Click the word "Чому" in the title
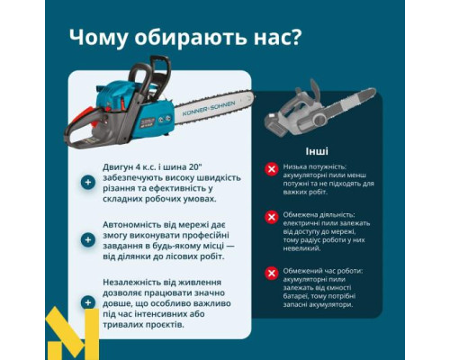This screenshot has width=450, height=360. pyautogui.click(x=101, y=38)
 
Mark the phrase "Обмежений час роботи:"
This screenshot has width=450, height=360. pyautogui.click(x=323, y=269)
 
